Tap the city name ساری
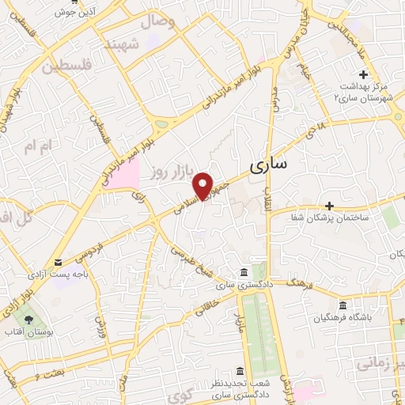[269, 165]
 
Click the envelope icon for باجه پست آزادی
[59, 263]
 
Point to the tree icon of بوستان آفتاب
[30, 319]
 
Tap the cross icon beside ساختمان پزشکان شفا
[329, 205]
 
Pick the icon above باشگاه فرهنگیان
[342, 306]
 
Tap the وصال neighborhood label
[158, 23]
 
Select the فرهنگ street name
[299, 282]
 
